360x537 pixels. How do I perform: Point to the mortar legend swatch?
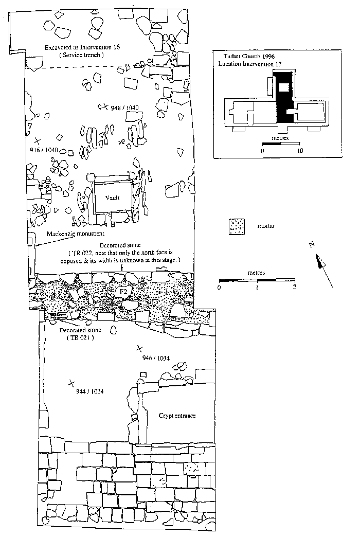[x=237, y=226]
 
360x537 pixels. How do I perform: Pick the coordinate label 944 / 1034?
[x=90, y=391]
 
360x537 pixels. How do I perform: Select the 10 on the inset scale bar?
[x=300, y=151]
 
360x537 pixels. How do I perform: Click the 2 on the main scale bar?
[x=294, y=287]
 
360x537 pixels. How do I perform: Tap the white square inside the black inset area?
[x=282, y=87]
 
